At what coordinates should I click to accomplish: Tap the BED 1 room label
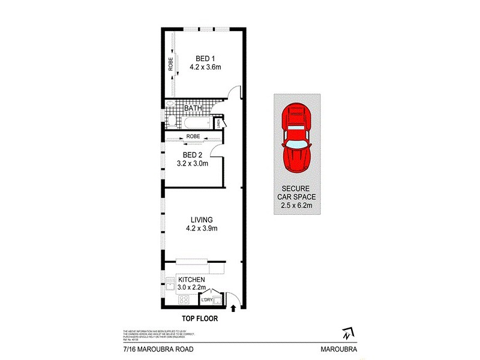click(x=205, y=58)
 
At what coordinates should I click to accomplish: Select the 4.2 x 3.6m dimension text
click(x=205, y=67)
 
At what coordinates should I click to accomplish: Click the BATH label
click(x=193, y=109)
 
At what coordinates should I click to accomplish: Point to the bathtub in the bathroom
click(x=195, y=124)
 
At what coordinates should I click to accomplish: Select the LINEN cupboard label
click(x=218, y=124)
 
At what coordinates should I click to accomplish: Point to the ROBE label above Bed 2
click(x=193, y=137)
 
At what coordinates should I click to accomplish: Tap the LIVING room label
click(x=201, y=220)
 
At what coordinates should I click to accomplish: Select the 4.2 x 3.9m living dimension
click(x=201, y=229)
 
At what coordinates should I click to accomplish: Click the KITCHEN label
click(x=192, y=280)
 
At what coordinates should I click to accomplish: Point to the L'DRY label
click(x=208, y=299)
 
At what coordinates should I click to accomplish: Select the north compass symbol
click(x=346, y=332)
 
